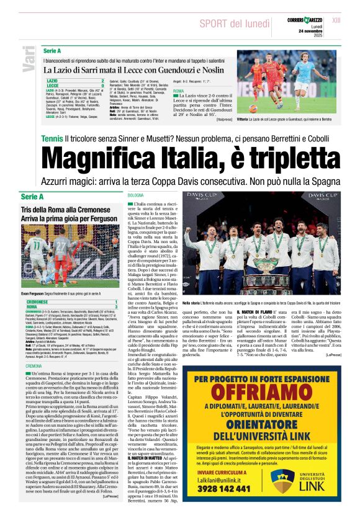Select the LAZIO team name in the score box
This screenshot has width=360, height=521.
(53, 81)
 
